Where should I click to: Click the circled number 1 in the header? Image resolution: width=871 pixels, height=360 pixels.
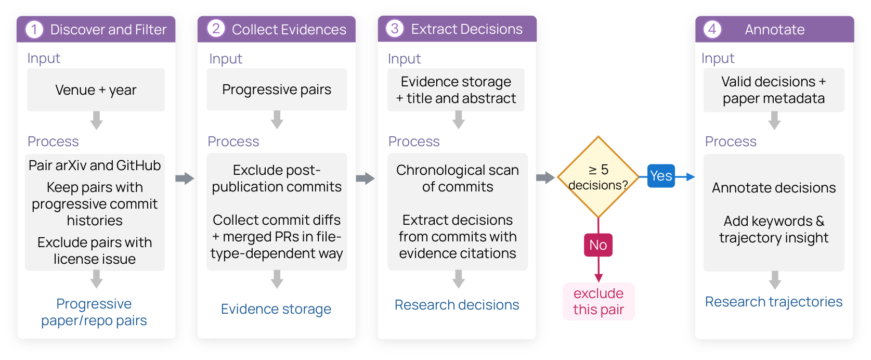[x=34, y=30]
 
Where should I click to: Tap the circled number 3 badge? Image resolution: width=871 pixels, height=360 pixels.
[x=395, y=29]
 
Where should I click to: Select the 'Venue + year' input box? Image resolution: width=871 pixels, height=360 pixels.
[x=96, y=90]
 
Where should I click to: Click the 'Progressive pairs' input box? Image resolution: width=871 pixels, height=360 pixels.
[x=277, y=89]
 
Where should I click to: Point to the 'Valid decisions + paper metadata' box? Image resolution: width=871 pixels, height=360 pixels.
[x=774, y=90]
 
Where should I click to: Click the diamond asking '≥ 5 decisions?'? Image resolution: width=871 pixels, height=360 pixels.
[x=598, y=177]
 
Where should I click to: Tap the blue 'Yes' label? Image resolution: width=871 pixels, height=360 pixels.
[x=661, y=176]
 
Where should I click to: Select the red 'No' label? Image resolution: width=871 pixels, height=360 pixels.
[x=598, y=245]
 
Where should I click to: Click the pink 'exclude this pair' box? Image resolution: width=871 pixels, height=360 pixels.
[x=599, y=302]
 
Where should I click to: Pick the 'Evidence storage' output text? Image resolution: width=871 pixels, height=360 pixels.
[x=276, y=309]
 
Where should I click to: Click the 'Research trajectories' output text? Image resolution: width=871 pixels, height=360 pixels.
[x=774, y=302]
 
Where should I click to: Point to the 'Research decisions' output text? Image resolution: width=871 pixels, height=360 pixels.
[x=457, y=305]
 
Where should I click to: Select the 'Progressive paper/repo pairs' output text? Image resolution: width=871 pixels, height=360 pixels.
[x=94, y=312]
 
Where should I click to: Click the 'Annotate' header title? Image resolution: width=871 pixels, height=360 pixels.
[x=775, y=30]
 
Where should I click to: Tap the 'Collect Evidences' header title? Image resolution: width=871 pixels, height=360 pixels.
[x=289, y=30]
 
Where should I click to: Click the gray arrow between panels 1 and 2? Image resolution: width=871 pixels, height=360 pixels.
[x=185, y=178]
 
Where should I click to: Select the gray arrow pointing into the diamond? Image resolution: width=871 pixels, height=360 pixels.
[x=545, y=178]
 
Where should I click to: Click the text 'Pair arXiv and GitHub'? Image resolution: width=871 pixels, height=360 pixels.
[x=95, y=165]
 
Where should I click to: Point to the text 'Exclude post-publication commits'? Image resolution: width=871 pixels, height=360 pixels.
[x=277, y=178]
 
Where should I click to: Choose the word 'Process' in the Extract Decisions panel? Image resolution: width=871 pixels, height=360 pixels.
[x=414, y=142]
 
